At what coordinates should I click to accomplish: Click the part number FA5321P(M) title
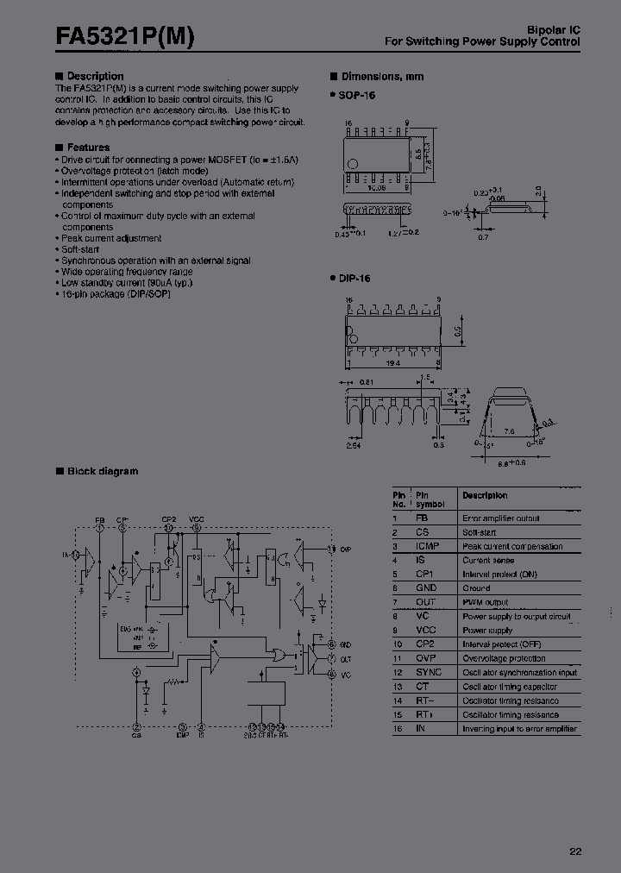coord(126,36)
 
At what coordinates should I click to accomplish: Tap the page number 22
coord(575,851)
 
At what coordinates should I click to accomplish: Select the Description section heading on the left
coord(95,77)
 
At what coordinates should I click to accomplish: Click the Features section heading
coord(88,148)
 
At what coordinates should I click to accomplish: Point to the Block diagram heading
coord(102,471)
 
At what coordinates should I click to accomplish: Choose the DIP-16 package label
coord(354,279)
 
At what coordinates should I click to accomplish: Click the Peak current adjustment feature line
coord(111,238)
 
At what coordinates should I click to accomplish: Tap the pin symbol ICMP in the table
coord(429,546)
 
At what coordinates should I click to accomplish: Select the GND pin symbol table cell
coord(427,588)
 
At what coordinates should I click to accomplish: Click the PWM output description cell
coord(486,602)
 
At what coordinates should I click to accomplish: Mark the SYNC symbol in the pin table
coord(429,672)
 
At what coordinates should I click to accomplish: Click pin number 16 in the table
coord(398,729)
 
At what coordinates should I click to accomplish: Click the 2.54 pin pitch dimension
coord(354,447)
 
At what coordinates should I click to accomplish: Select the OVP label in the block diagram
coord(346,549)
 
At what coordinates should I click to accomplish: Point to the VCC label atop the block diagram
coord(197,519)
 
